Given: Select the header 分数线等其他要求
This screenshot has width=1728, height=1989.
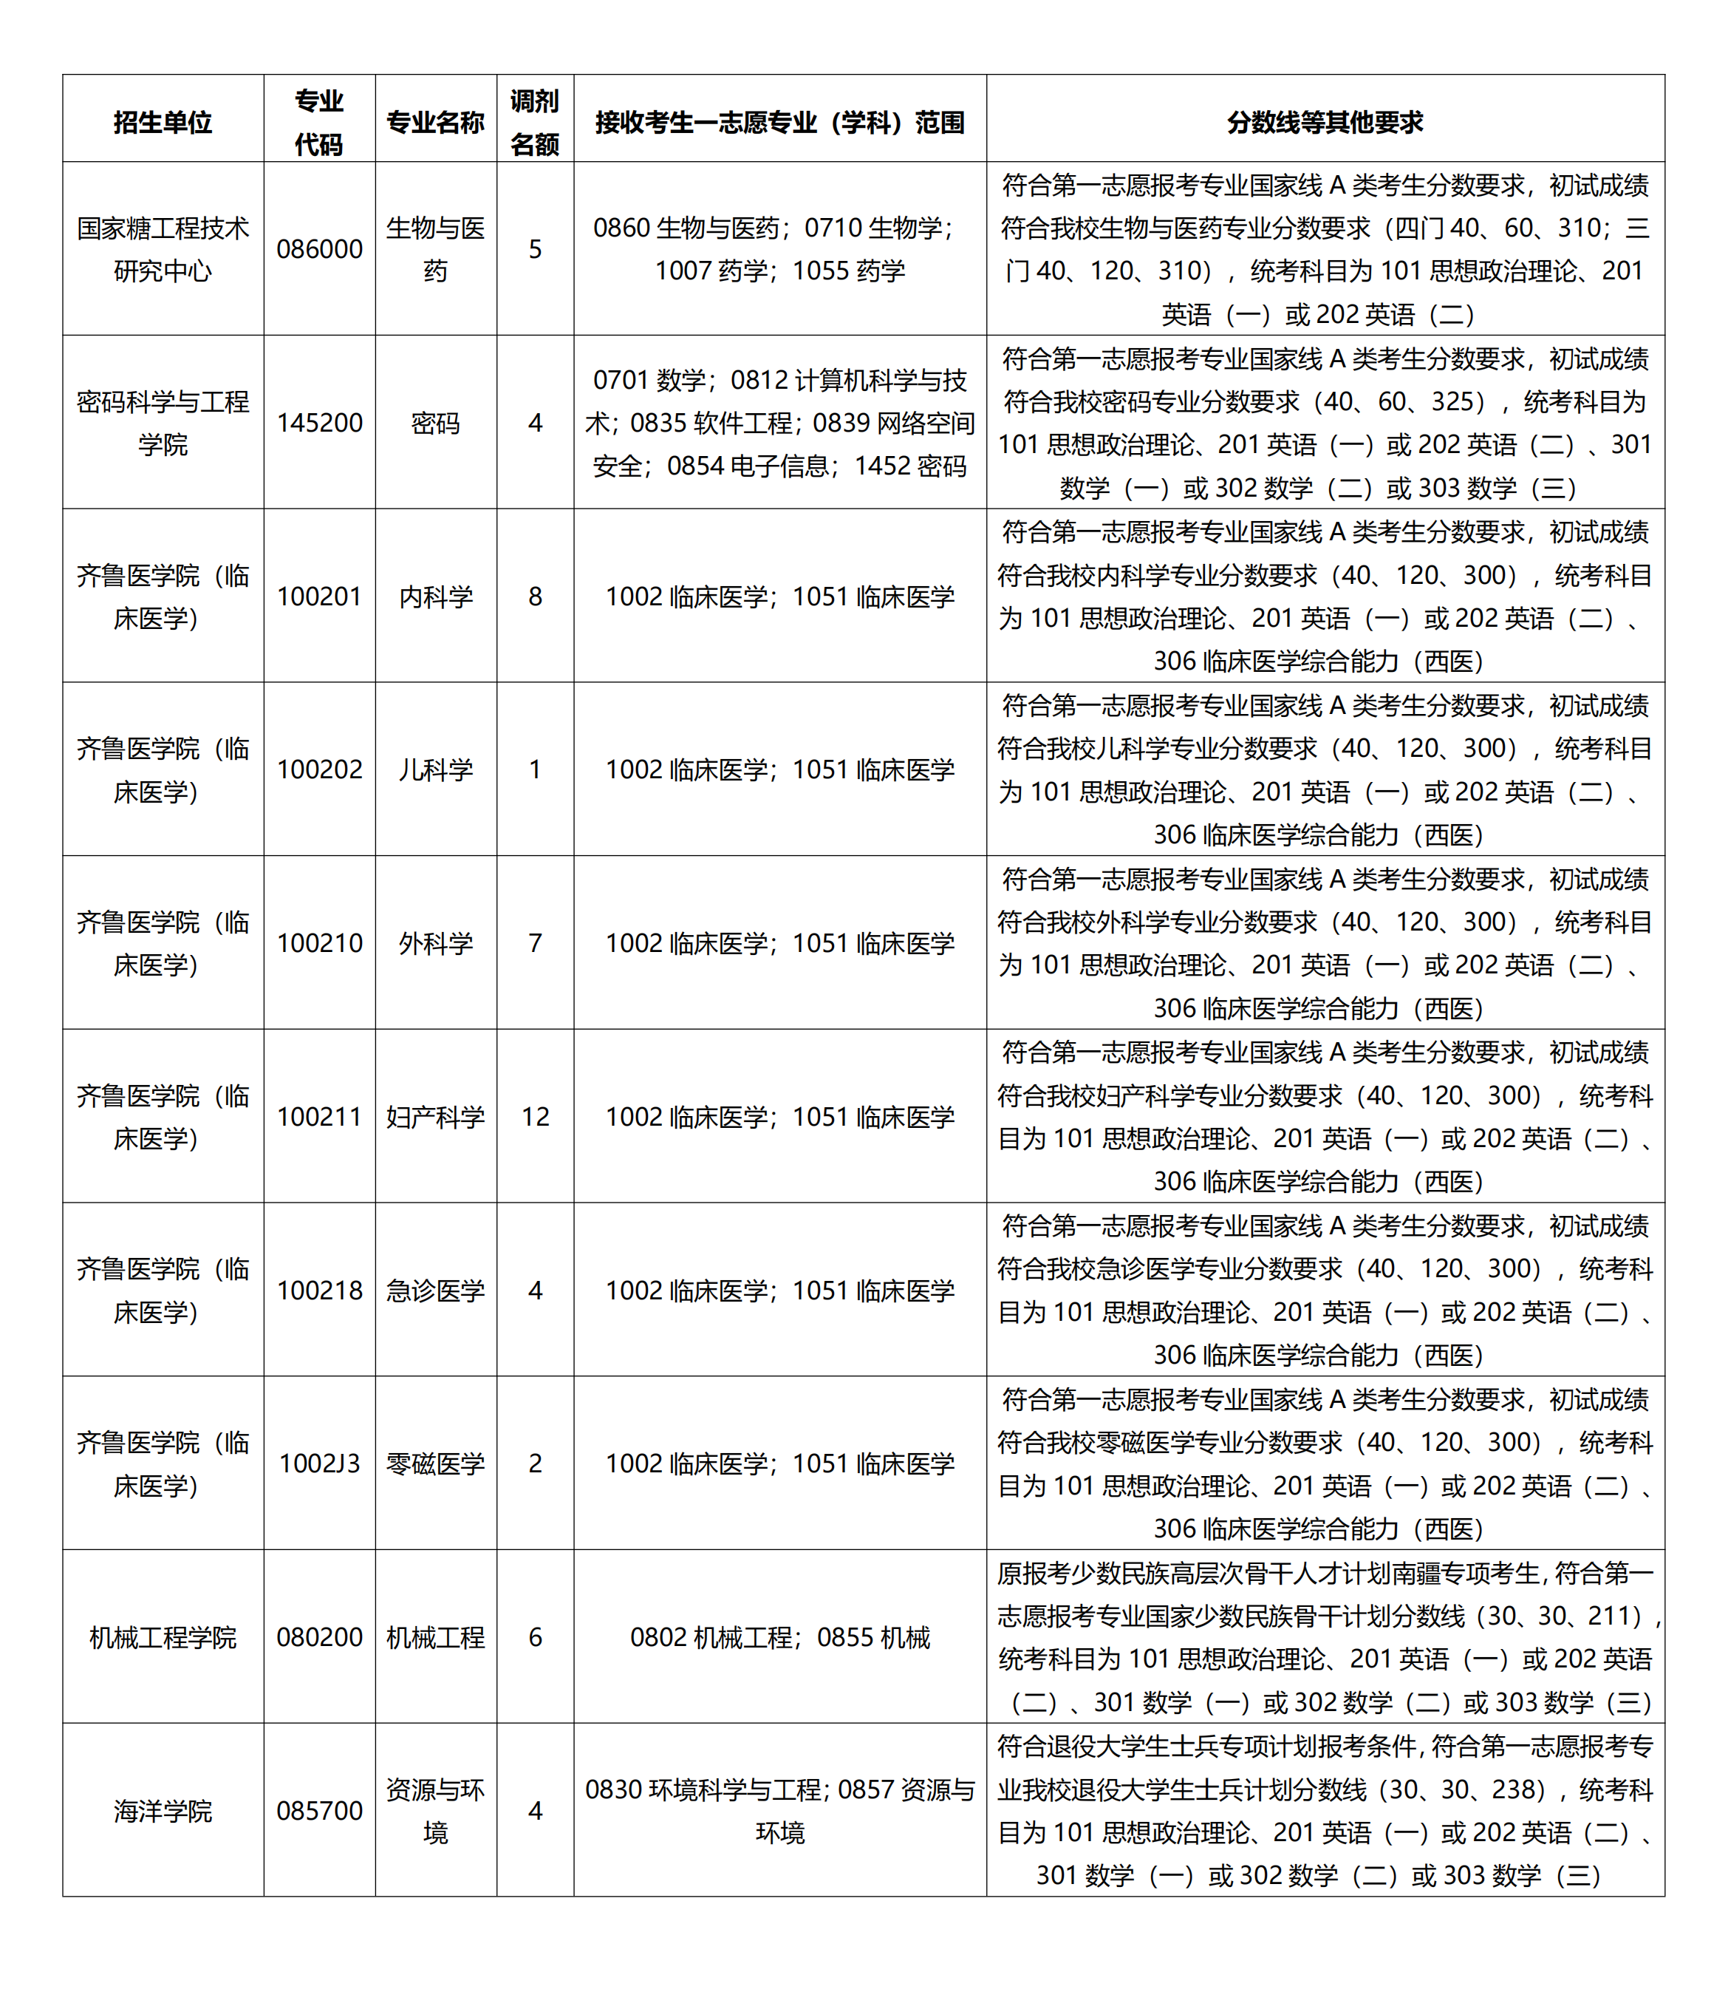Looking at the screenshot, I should (x=1324, y=123).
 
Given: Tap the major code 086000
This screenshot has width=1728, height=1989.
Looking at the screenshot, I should (x=319, y=249).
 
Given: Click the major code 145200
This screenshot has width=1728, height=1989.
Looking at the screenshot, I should (x=319, y=423).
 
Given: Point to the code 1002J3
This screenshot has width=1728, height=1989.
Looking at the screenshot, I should (x=319, y=1463).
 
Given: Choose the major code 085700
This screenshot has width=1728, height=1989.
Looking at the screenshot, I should (x=319, y=1811).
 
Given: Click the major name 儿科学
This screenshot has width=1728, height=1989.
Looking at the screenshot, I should (x=436, y=769).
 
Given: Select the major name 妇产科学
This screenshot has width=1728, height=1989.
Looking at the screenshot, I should (x=436, y=1116).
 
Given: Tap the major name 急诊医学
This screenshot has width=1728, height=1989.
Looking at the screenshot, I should (x=436, y=1290).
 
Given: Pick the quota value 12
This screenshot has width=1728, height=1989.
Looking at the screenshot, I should (x=535, y=1116).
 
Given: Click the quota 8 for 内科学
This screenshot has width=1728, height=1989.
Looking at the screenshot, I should (x=535, y=596).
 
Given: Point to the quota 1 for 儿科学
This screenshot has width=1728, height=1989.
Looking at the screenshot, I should (x=535, y=769).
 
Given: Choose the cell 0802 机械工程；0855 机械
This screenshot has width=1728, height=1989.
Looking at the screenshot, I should (x=779, y=1637).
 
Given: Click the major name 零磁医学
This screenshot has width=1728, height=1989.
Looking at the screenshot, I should (x=436, y=1463).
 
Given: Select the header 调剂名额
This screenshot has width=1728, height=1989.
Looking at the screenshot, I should (x=535, y=123).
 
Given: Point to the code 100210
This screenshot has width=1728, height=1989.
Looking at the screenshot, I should (x=319, y=942).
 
